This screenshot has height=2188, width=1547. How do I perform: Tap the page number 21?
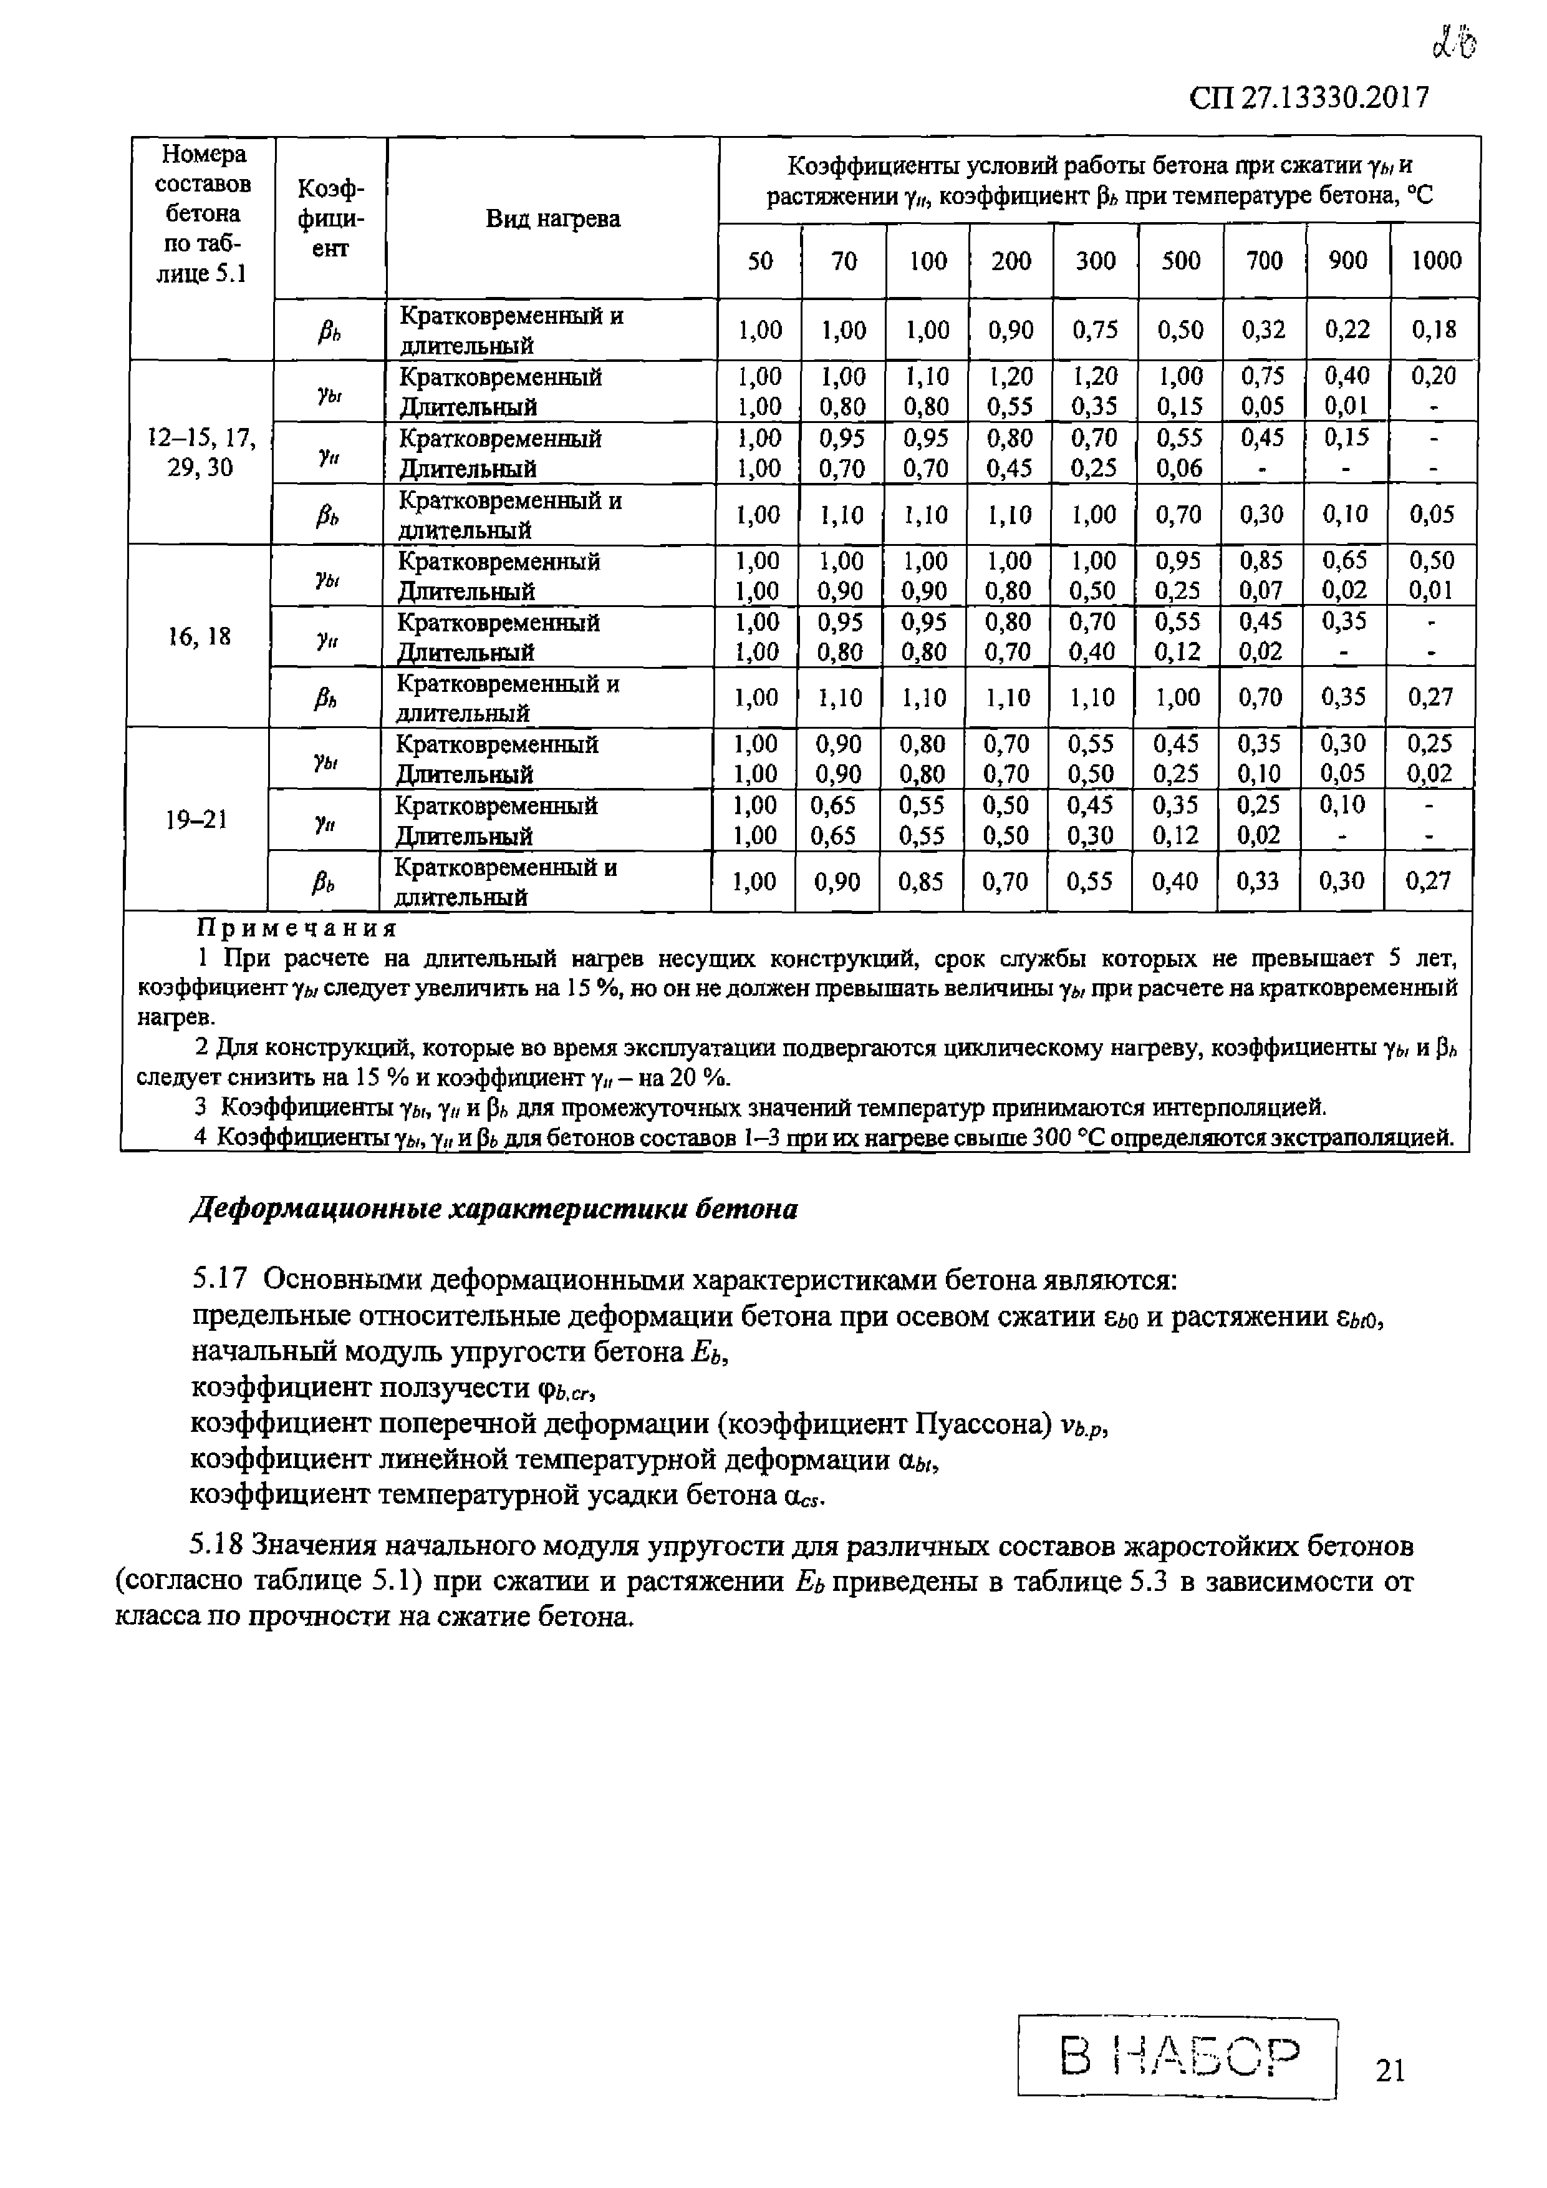(1390, 2070)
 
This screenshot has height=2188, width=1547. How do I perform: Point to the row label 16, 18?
(199, 636)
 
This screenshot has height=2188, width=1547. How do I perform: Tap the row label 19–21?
(196, 820)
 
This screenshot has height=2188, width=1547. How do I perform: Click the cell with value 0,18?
(1434, 329)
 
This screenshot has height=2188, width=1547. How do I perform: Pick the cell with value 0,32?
(1263, 329)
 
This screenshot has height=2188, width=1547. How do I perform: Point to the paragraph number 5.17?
(221, 1278)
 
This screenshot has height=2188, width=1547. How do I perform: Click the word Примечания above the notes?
(296, 927)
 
